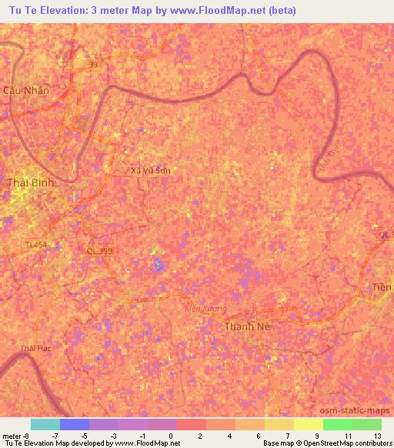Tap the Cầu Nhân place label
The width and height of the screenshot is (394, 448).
26,90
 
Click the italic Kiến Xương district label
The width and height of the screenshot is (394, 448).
206,309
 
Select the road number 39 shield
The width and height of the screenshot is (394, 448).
93,65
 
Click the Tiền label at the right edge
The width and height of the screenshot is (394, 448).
382,287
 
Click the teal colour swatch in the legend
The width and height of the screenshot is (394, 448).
45,424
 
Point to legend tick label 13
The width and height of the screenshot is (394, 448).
376,435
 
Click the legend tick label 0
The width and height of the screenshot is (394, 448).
172,435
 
